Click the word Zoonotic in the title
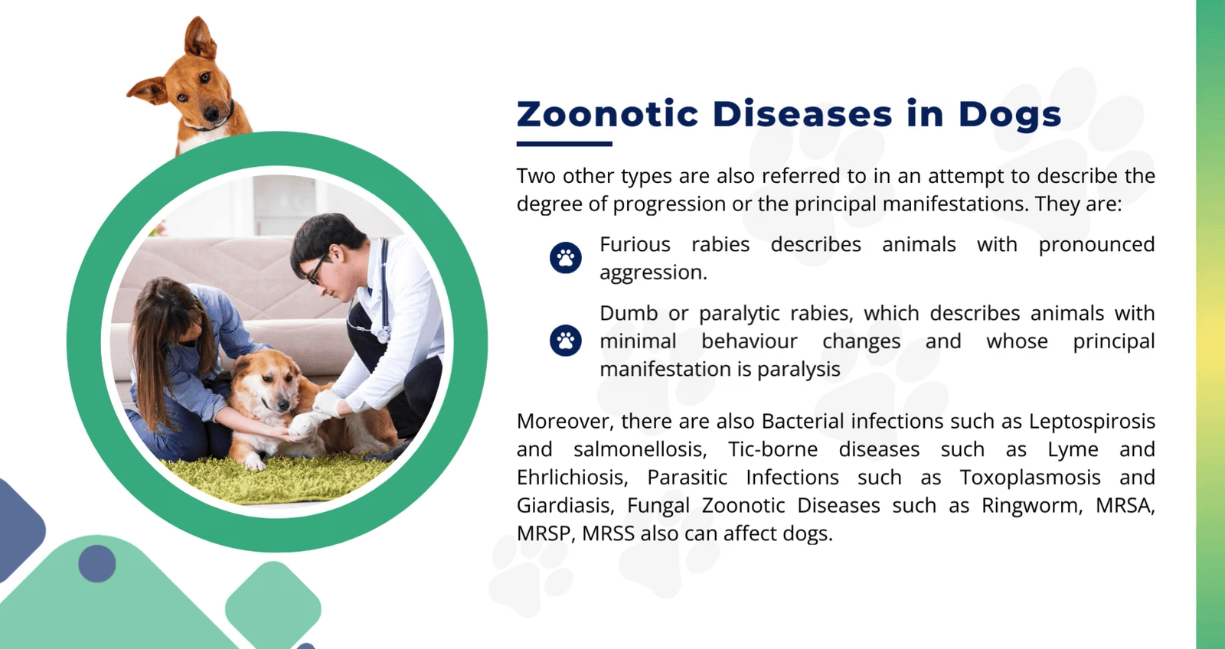coord(608,114)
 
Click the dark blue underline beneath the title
coord(564,144)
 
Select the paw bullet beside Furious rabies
coord(566,257)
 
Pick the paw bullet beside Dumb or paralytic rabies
coord(566,340)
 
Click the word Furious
coord(635,244)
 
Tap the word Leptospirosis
coord(1092,422)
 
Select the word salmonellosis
coord(640,449)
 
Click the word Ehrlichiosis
coord(571,478)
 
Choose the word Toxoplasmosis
coord(1030,478)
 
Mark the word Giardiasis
coord(563,506)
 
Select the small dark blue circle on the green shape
coord(97,563)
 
